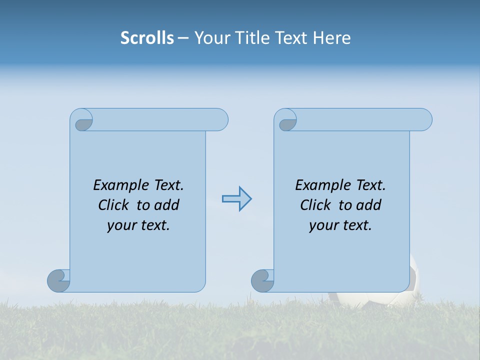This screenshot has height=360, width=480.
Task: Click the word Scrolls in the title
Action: (147, 38)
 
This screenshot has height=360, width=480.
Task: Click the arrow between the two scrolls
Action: (237, 199)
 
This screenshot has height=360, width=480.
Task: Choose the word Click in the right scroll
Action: (316, 205)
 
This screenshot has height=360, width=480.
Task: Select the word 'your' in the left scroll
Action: (121, 226)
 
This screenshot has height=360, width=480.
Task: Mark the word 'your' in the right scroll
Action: (323, 226)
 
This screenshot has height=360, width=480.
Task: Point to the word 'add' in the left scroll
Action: (167, 205)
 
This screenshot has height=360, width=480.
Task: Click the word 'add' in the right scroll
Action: (369, 205)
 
